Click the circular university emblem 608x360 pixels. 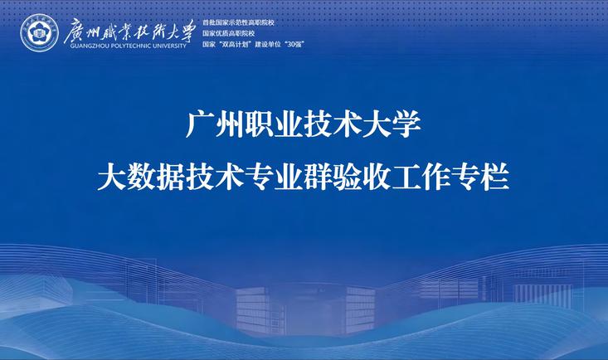(39, 33)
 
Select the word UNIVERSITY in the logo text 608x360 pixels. (169, 46)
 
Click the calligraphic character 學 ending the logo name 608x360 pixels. (185, 31)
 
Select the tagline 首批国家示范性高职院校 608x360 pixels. (238, 22)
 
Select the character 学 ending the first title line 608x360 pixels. (406, 124)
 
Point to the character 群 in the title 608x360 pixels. (318, 178)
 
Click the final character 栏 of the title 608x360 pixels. (495, 178)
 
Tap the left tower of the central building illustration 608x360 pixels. (253, 310)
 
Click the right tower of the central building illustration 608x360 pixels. (360, 309)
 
